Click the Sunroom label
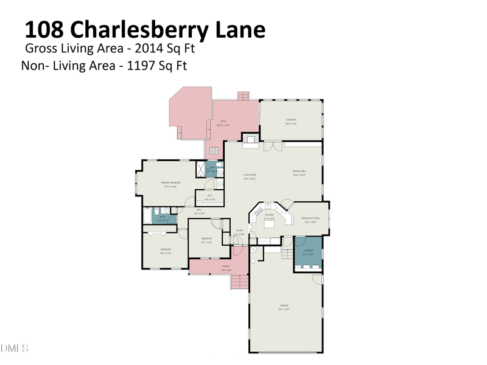291,120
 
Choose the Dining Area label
299,172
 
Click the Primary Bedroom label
170,183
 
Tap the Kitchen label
268,215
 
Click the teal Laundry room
308,254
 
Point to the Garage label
284,306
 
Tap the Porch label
226,267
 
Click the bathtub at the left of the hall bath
147,215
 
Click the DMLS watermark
15,349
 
